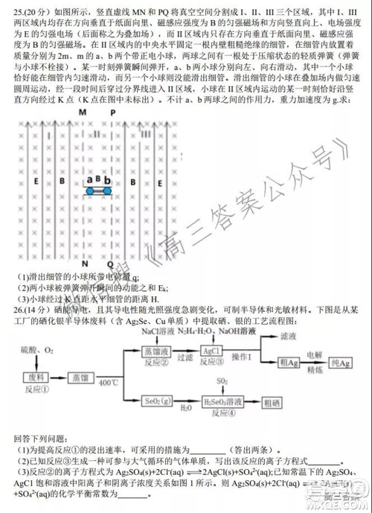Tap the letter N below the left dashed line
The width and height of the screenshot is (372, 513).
(x=85, y=264)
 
